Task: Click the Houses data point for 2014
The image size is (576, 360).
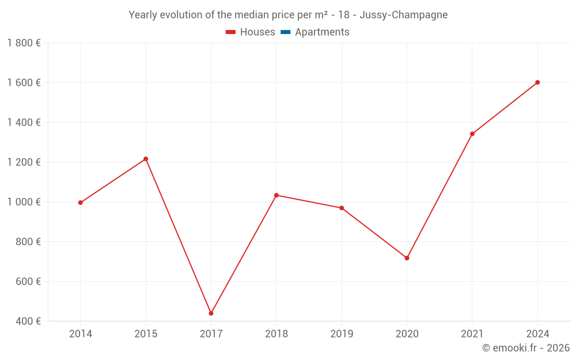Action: pyautogui.click(x=81, y=203)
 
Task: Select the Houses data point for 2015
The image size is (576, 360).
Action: pyautogui.click(x=146, y=159)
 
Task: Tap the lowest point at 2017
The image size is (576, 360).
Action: pyautogui.click(x=211, y=313)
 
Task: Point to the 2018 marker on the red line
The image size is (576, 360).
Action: pyautogui.click(x=276, y=195)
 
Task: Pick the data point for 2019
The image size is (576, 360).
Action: pyautogui.click(x=342, y=208)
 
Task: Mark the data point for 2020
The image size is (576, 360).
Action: pyautogui.click(x=407, y=258)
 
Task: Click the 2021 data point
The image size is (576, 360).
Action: pyautogui.click(x=472, y=134)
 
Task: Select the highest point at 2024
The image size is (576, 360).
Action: pyautogui.click(x=537, y=82)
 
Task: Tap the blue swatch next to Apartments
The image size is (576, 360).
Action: pyautogui.click(x=285, y=32)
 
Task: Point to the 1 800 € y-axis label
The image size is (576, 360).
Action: pyautogui.click(x=24, y=43)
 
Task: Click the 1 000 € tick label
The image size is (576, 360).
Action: pyautogui.click(x=24, y=202)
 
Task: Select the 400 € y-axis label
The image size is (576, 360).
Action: pyautogui.click(x=27, y=321)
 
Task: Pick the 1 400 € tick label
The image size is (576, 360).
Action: pyautogui.click(x=24, y=123)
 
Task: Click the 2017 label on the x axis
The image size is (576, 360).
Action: pyautogui.click(x=211, y=334)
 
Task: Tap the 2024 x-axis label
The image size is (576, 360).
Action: pyautogui.click(x=537, y=334)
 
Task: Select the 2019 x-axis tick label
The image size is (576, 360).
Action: pyautogui.click(x=342, y=334)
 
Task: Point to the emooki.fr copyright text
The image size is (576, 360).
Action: pyautogui.click(x=526, y=348)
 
